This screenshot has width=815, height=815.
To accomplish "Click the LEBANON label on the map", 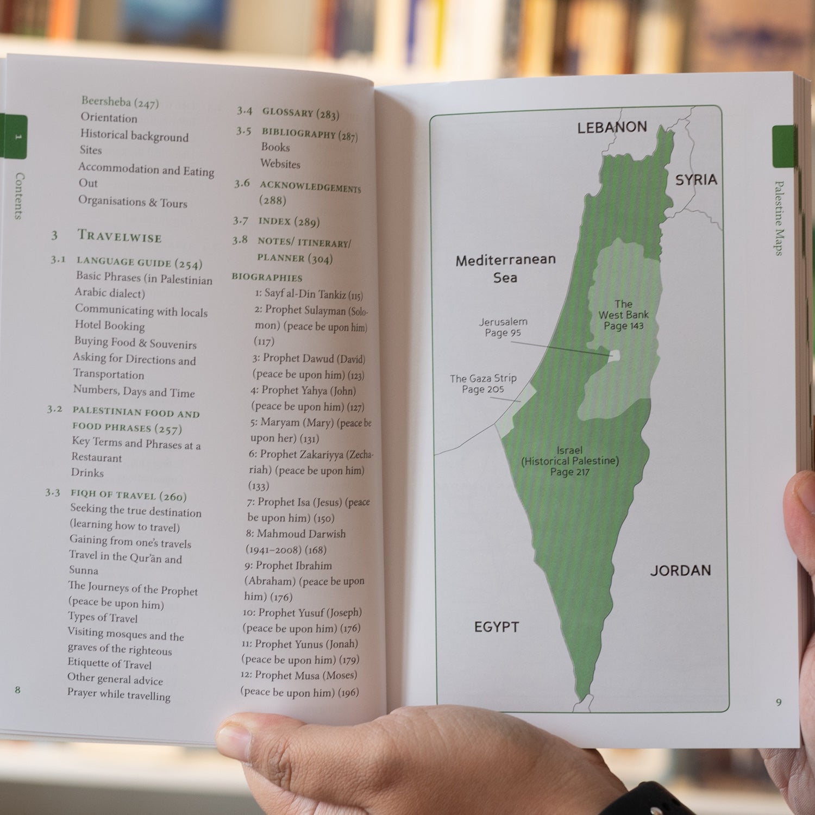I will coord(612,127).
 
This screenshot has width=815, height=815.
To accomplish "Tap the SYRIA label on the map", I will coord(696,180).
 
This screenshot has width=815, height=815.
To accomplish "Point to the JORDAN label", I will coord(680,570).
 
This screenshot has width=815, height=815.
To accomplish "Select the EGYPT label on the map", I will coord(496,627).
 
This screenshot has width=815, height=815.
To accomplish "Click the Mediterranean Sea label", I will coord(505,268).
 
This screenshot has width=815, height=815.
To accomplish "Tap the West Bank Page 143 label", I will coord(624,315).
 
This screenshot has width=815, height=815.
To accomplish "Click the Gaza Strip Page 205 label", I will coord(483,384).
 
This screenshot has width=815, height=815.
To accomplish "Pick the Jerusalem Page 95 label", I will coord(503,327).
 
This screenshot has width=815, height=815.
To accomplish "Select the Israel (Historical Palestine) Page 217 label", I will coord(570,461).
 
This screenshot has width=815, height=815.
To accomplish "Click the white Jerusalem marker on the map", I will coord(615,355).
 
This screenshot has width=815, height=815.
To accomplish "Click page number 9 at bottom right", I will coord(779,702).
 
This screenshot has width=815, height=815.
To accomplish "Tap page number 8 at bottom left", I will coord(17,690).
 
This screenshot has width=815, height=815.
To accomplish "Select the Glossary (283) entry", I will coord(300,113).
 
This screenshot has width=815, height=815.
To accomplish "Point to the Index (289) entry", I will coord(289,221).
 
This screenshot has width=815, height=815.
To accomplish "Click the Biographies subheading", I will coord(267,277).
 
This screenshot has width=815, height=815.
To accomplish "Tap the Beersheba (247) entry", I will coord(120,102).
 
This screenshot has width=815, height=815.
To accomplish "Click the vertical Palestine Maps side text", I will coord(779,217).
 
